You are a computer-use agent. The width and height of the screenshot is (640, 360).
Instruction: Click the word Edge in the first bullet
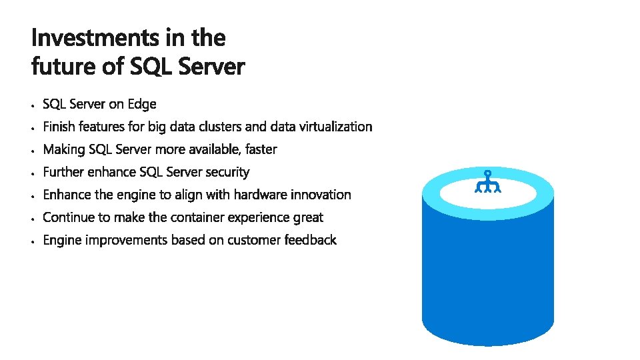point(141,104)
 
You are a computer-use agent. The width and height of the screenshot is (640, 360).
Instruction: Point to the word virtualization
point(335,127)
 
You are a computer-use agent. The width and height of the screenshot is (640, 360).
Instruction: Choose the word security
point(227,172)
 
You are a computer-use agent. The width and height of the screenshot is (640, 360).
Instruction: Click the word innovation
point(322,195)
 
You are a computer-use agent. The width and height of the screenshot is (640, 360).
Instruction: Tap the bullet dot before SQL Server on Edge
point(32,105)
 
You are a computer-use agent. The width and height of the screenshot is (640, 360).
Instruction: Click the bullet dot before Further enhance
point(32,173)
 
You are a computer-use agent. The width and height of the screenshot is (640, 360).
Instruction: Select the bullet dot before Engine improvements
point(32,241)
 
